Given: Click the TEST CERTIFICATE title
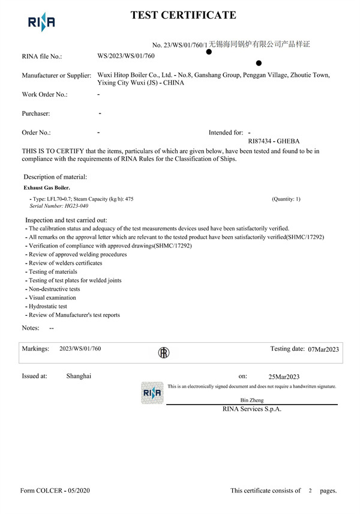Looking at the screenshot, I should [x=183, y=16].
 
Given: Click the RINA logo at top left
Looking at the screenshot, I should [x=41, y=23].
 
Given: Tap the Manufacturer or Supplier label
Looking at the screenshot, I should [x=56, y=76].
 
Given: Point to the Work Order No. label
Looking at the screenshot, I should [x=44, y=94].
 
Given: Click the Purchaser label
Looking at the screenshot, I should [x=36, y=113].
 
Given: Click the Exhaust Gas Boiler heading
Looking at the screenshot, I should [x=47, y=188].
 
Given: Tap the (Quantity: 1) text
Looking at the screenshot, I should [x=286, y=199].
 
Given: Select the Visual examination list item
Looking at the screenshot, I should [x=52, y=297].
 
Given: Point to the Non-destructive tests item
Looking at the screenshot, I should [x=55, y=289].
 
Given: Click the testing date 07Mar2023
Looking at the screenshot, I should [x=323, y=349].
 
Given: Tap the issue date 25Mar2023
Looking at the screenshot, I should [x=284, y=376].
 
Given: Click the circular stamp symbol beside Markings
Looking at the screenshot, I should [x=163, y=352].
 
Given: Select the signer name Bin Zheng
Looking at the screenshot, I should [x=251, y=400].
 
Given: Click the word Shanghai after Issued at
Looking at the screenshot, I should [x=79, y=376].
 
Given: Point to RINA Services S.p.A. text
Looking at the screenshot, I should [x=251, y=410].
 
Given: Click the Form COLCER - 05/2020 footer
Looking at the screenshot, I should [x=55, y=491].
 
